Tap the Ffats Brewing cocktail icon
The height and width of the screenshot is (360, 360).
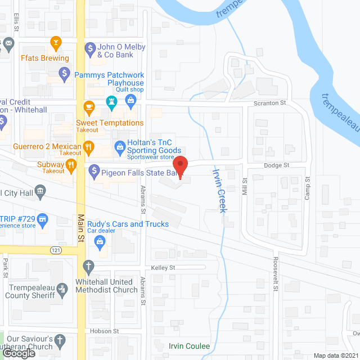[x=56, y=43]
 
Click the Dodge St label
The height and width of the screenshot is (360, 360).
[x=277, y=165]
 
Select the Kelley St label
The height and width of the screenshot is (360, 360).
[x=163, y=267]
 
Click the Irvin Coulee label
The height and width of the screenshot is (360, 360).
[x=189, y=346]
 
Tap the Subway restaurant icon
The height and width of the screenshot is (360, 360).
[x=71, y=164]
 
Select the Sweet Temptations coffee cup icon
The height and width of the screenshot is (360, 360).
[x=88, y=107]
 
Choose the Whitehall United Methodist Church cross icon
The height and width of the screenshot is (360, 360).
[x=88, y=265]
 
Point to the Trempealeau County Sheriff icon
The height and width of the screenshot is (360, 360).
[x=62, y=289]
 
